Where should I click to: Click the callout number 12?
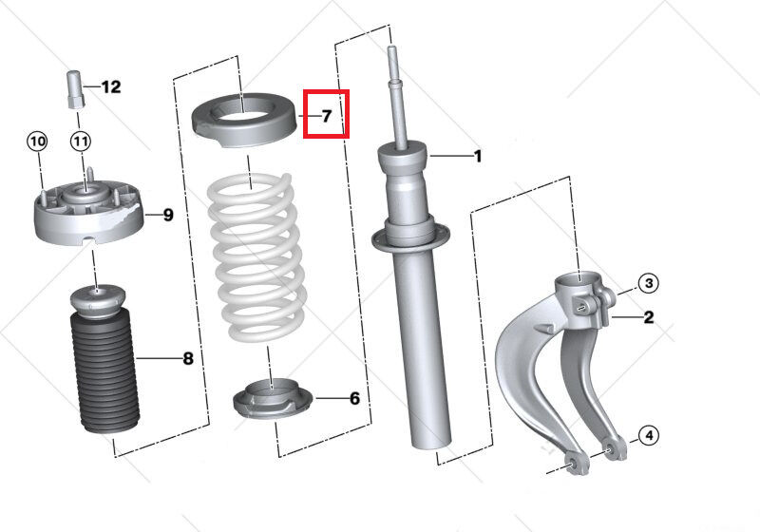coord(111,87)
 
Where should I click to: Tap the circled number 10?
coord(37,142)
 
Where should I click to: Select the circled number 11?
coord(81,142)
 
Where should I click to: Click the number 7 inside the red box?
coord(327,116)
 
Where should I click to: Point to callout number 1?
coord(478,157)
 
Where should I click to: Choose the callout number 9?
coord(168,215)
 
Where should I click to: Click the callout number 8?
coord(188,358)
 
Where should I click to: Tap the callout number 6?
coord(354,398)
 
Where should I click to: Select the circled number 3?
coord(649,283)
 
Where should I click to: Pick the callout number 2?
coord(649,317)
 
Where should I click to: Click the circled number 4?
coord(649,436)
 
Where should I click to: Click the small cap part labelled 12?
coord(75,90)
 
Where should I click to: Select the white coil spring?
coord(256,257)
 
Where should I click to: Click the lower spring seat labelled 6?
coord(273,400)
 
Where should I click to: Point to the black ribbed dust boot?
coord(105,373)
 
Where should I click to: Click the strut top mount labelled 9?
coord(89,212)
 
